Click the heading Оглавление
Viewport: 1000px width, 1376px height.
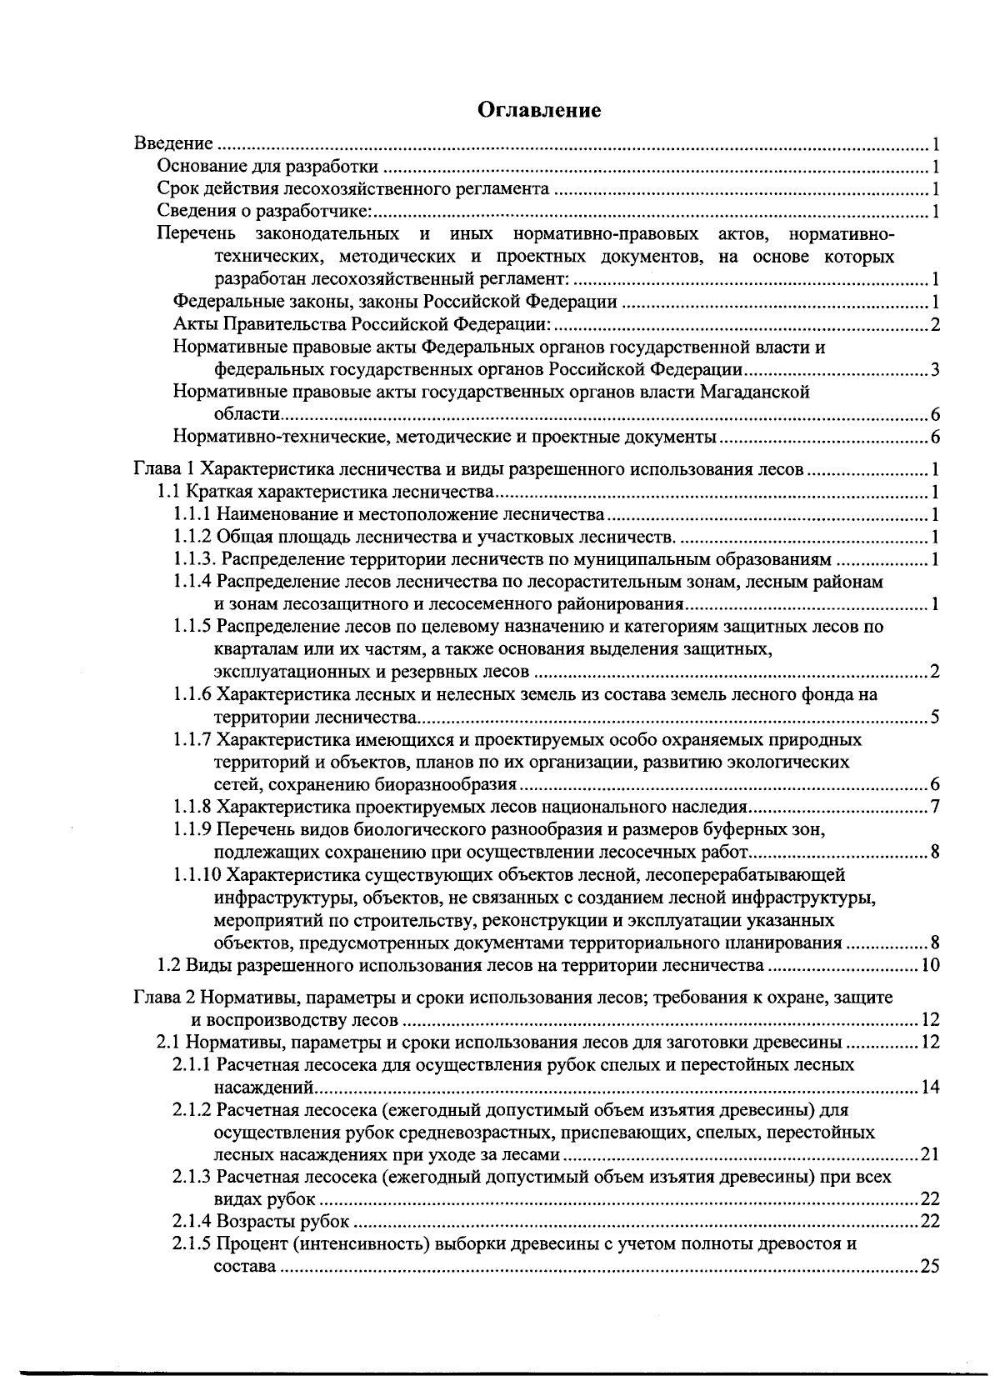[539, 111]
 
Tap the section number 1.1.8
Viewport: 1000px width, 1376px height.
[192, 807]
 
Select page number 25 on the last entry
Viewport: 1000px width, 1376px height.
[929, 1267]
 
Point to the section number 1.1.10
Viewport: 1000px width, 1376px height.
[197, 874]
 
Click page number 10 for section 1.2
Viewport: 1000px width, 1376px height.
[930, 966]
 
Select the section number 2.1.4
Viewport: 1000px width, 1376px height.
[192, 1222]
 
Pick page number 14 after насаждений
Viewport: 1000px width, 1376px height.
[930, 1087]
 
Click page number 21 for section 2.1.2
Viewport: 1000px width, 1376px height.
[930, 1154]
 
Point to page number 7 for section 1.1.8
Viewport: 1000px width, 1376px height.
[935, 807]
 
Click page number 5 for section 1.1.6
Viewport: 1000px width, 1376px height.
[935, 717]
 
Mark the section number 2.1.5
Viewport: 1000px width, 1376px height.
[192, 1244]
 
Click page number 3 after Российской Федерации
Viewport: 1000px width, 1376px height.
[935, 369]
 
